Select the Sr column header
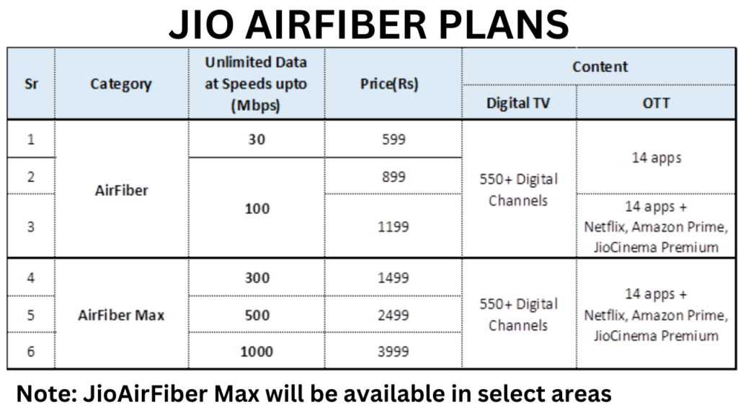coord(31,83)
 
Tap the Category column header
coord(121,84)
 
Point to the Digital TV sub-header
coord(518,102)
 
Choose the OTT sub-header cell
coord(657,102)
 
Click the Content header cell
coord(600,66)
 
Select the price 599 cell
coord(394,139)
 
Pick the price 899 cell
coord(394,177)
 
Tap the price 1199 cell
coord(394,226)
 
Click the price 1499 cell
coord(394,277)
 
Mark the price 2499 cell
coord(394,315)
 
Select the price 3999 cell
coord(394,352)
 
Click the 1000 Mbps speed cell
coord(257,352)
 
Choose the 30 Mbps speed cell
coord(257,139)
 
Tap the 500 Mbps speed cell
coord(257,315)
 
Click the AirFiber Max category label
coord(121,315)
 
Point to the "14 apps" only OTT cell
coord(657,158)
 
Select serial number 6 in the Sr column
coord(31,352)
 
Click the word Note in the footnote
coord(45,393)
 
